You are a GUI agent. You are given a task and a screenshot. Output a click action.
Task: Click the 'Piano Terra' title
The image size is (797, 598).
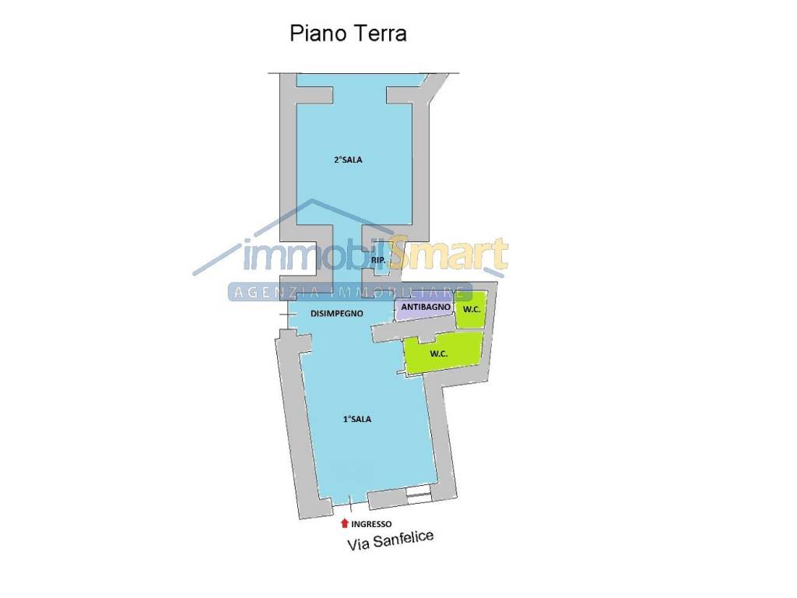pyautogui.click(x=348, y=33)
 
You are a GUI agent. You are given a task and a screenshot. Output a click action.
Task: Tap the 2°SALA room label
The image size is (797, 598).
pyautogui.click(x=348, y=160)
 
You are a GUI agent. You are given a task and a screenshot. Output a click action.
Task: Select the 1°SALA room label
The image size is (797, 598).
pyautogui.click(x=356, y=419)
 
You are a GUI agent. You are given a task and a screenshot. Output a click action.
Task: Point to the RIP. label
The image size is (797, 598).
pyautogui.click(x=378, y=260)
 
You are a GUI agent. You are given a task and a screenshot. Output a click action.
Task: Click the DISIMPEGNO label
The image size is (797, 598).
pyautogui.click(x=337, y=314)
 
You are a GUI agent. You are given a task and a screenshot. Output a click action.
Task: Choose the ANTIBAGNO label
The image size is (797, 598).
pyautogui.click(x=426, y=307)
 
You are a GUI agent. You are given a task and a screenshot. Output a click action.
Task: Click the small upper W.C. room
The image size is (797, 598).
pyautogui.click(x=471, y=310)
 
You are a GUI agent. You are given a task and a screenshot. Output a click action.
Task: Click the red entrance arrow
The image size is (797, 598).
pyautogui.click(x=345, y=523)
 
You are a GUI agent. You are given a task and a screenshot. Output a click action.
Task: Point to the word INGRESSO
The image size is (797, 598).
pyautogui.click(x=371, y=524)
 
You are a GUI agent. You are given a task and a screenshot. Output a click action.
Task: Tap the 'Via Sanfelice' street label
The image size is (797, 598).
pyautogui.click(x=391, y=540)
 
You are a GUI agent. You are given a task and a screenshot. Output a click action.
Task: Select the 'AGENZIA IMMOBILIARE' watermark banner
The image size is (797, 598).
pyautogui.click(x=349, y=292)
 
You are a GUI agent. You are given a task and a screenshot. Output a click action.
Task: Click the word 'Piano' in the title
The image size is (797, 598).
pyautogui.click(x=318, y=33)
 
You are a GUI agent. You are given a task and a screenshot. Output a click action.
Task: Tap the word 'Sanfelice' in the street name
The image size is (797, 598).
pyautogui.click(x=404, y=539)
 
